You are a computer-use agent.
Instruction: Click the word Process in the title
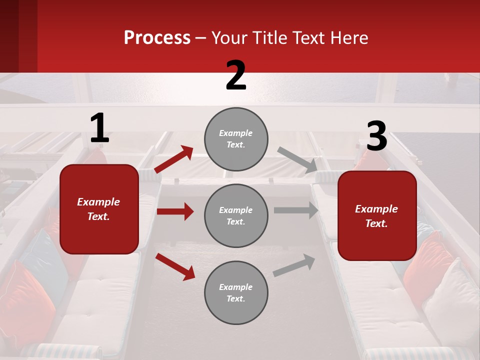(x=157, y=38)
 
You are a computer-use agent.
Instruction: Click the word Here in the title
(x=348, y=38)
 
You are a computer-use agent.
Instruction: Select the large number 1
(x=99, y=128)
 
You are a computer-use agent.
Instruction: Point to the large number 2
(x=236, y=75)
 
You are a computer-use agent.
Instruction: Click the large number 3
(x=376, y=136)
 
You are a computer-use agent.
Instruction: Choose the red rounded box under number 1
(x=99, y=209)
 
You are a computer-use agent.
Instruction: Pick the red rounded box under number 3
(x=377, y=215)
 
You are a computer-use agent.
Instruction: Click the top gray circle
(x=236, y=139)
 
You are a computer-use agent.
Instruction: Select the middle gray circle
(x=236, y=215)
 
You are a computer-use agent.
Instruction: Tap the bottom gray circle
(x=236, y=292)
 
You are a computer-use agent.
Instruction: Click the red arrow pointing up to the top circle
(x=173, y=159)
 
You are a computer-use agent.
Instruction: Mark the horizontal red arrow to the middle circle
(x=175, y=211)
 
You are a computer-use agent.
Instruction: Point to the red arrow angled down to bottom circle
(x=175, y=266)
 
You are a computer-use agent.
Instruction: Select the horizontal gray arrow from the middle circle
(x=296, y=210)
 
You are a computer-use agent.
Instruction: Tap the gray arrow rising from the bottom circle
(x=294, y=265)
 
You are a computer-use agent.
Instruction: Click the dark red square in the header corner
(x=18, y=36)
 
